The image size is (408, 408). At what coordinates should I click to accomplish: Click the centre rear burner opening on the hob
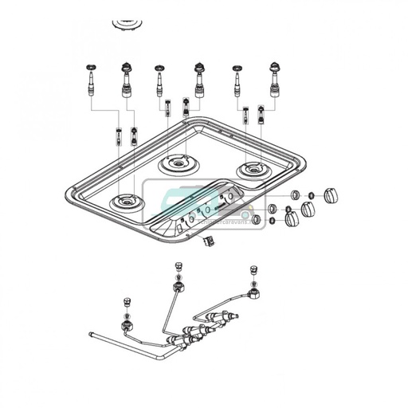tap(180, 165)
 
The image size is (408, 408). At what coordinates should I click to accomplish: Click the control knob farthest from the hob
tap(331, 195)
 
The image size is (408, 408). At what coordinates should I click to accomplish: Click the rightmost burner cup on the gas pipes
tap(254, 295)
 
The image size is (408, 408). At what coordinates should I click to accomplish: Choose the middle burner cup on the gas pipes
tap(178, 289)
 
